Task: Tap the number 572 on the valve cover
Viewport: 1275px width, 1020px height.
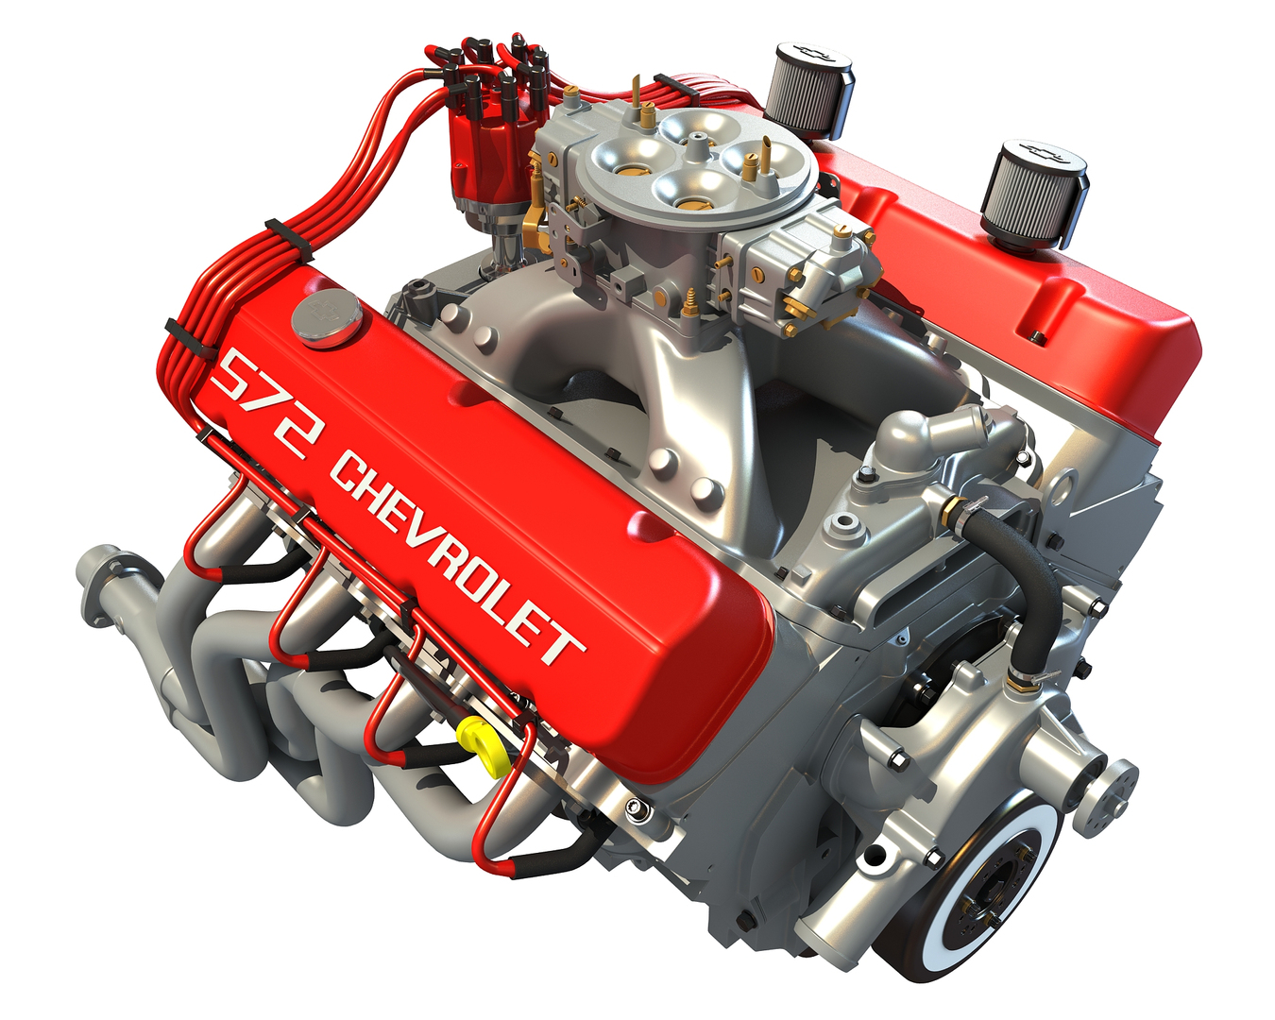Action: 264,401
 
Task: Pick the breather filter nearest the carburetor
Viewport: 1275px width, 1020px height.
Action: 807,90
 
